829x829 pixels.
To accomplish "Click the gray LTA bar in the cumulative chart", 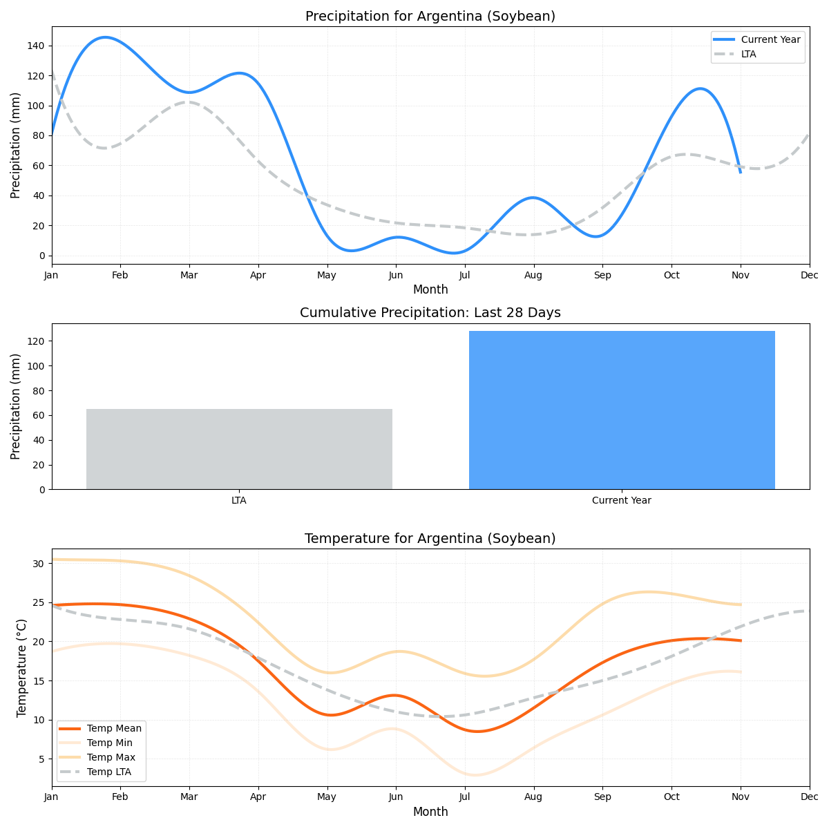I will pyautogui.click(x=239, y=449).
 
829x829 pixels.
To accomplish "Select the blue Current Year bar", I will pyautogui.click(x=622, y=410).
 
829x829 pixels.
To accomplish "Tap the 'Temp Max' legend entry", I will pyautogui.click(x=111, y=757).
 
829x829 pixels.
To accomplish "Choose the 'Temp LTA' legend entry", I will pyautogui.click(x=108, y=772).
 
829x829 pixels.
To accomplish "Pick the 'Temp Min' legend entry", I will pyautogui.click(x=109, y=743).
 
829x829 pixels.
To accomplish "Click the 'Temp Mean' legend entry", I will pyautogui.click(x=114, y=728).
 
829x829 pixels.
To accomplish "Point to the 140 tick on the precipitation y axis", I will pyautogui.click(x=36, y=46).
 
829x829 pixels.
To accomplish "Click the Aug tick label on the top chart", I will pyautogui.click(x=533, y=275).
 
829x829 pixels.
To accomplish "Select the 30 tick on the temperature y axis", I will pyautogui.click(x=39, y=564).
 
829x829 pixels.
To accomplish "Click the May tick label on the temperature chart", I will pyautogui.click(x=327, y=797).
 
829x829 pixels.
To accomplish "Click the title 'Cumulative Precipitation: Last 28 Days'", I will pyautogui.click(x=430, y=313).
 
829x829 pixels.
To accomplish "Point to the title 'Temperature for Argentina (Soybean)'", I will pyautogui.click(x=430, y=538).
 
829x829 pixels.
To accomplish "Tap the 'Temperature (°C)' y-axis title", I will pyautogui.click(x=21, y=667).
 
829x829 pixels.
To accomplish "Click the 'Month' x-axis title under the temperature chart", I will pyautogui.click(x=430, y=812).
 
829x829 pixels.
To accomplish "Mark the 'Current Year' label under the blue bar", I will pyautogui.click(x=622, y=500).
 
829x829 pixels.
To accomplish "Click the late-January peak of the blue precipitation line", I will pyautogui.click(x=104, y=37).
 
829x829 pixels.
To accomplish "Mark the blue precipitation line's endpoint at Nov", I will pyautogui.click(x=741, y=172).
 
